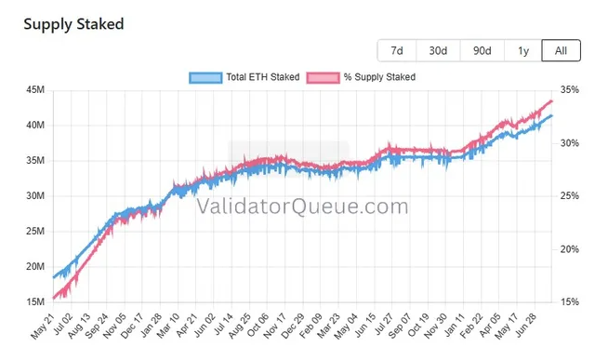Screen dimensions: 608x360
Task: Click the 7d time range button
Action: [397, 50]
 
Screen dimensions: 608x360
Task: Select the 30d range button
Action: [438, 50]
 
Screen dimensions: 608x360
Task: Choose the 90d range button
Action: [482, 50]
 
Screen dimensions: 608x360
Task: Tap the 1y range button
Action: [523, 50]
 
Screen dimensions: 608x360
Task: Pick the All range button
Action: [562, 50]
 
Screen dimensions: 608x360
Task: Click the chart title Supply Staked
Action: [73, 24]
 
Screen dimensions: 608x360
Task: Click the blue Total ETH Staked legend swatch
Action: [205, 77]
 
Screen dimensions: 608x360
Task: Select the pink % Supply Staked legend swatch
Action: [323, 77]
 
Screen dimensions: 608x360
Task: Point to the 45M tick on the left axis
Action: [35, 90]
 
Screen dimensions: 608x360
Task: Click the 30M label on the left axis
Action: [35, 196]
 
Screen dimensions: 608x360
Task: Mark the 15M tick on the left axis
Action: [35, 301]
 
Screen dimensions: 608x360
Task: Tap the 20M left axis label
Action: [35, 266]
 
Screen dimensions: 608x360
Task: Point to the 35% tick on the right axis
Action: [570, 90]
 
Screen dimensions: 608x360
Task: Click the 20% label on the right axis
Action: [570, 249]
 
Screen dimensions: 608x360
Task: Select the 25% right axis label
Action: [570, 196]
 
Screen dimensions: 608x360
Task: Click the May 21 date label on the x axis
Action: [43, 327]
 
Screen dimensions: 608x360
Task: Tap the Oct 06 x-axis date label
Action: [258, 326]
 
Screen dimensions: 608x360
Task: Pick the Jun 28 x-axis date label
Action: [526, 326]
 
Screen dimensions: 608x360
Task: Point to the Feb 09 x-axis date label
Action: [311, 326]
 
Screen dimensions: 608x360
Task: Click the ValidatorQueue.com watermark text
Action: [302, 207]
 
